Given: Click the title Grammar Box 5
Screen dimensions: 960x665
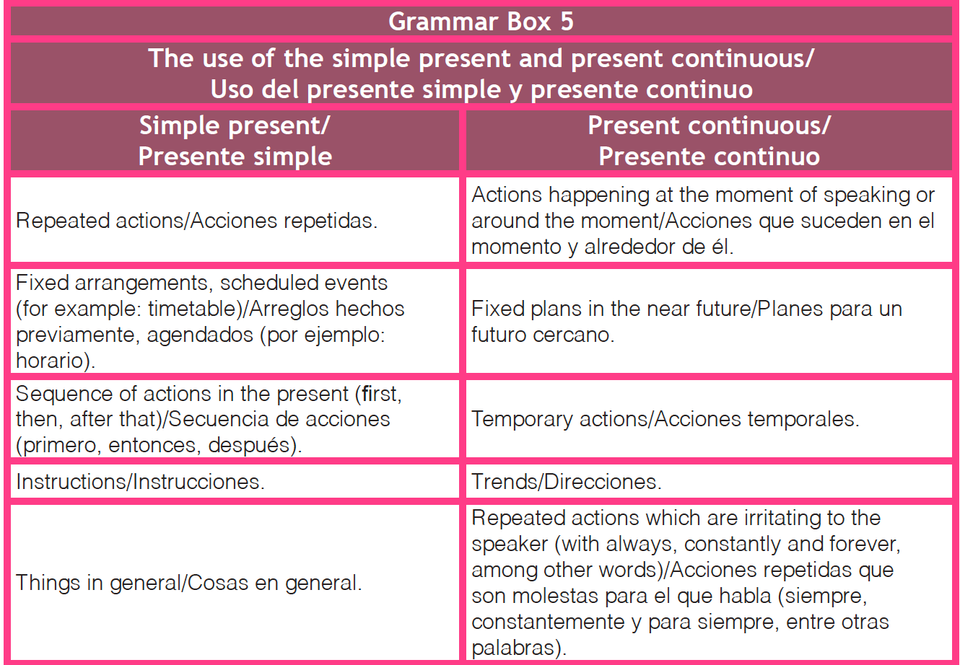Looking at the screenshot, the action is (x=481, y=21).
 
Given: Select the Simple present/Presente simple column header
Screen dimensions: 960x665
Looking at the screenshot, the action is (x=235, y=141).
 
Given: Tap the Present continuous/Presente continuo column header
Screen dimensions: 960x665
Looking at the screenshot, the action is (x=709, y=141).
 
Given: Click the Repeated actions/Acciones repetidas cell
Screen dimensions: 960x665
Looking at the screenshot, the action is (x=235, y=220).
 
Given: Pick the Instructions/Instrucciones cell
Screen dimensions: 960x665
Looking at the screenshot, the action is (x=235, y=481).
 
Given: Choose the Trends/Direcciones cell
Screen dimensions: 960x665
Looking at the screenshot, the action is (x=709, y=481).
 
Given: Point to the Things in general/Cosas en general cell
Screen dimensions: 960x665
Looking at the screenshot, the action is (x=235, y=583).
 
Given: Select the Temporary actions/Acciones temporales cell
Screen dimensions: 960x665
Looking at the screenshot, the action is (x=709, y=419).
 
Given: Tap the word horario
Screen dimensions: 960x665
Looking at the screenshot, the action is (x=50, y=361).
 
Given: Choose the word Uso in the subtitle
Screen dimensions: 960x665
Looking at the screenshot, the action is (x=232, y=89).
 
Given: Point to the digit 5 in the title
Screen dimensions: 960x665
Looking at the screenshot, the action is (x=567, y=21).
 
